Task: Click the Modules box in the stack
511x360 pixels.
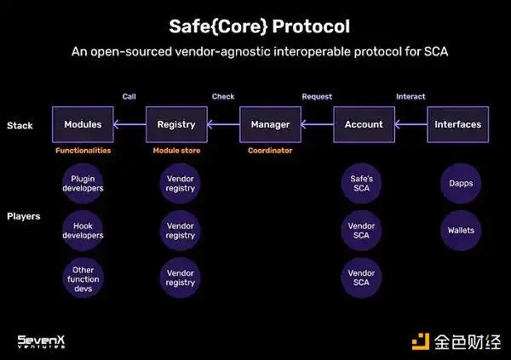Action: coord(83,124)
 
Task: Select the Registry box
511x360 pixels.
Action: coord(176,124)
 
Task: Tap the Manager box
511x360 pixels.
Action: coord(270,124)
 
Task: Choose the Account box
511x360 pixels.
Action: coord(364,124)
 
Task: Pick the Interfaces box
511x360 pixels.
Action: coord(457,124)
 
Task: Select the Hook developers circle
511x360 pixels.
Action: coord(83,230)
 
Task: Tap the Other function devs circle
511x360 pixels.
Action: coord(83,277)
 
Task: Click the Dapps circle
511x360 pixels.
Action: coord(461,183)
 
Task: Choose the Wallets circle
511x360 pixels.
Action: coord(461,230)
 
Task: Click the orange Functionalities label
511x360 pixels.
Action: coord(83,151)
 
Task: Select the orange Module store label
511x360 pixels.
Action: coord(176,151)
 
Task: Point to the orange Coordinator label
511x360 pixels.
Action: coord(270,151)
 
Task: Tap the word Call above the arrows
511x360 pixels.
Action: coord(129,97)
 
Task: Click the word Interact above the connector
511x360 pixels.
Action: coord(411,97)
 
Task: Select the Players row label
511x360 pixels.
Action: coord(23,216)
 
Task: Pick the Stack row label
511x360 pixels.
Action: coord(20,125)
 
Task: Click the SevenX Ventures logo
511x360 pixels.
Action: coord(43,340)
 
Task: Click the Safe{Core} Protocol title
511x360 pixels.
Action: coord(255,26)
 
